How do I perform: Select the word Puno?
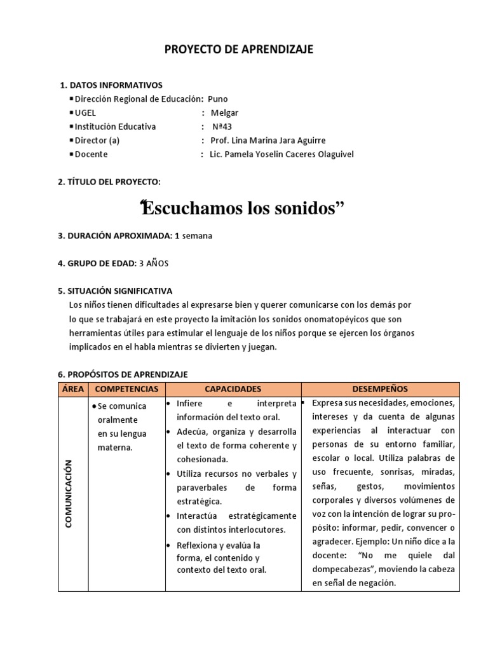point(217,99)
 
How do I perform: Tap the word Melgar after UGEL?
point(225,113)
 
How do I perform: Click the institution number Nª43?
point(222,127)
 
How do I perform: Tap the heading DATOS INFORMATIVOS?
point(115,85)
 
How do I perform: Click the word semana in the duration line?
point(198,235)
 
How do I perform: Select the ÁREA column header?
point(72,388)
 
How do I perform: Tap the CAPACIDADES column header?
point(232,388)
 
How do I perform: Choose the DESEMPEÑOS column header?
point(380,388)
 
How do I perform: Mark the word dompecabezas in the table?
point(342,569)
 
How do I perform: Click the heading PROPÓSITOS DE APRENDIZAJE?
point(128,375)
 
